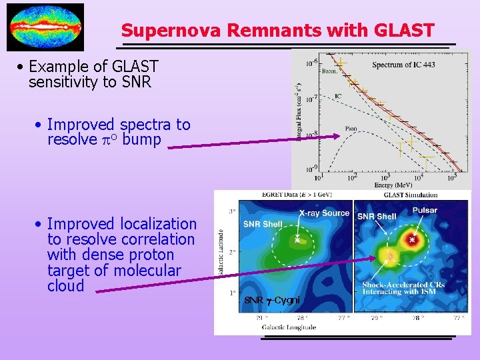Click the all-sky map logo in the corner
pyautogui.click(x=45, y=27)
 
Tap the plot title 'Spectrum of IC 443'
pyautogui.click(x=403, y=65)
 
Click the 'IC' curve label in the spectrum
pyautogui.click(x=338, y=96)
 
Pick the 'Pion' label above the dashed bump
pyautogui.click(x=351, y=129)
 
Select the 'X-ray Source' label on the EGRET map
pyautogui.click(x=323, y=213)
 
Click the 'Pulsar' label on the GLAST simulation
pyautogui.click(x=425, y=210)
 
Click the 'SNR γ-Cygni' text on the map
pyautogui.click(x=271, y=300)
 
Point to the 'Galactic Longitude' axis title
pyautogui.click(x=289, y=327)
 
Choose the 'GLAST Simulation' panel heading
pyautogui.click(x=411, y=195)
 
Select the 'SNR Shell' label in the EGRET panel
pyautogui.click(x=263, y=224)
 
